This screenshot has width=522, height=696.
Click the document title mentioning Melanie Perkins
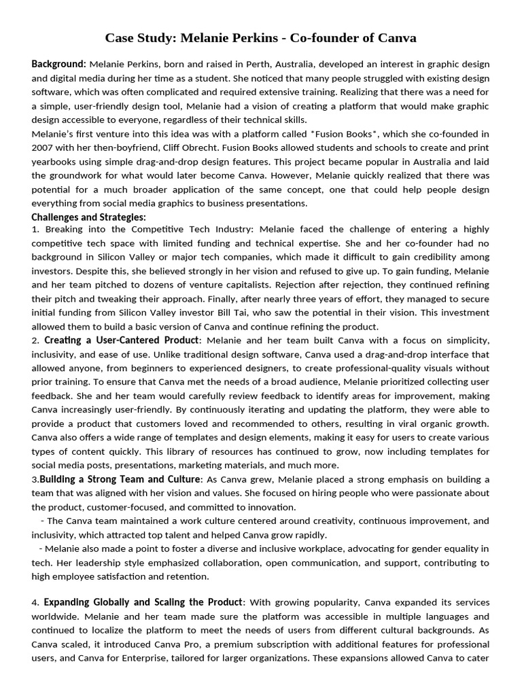pos(261,37)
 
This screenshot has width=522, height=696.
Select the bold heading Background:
pos(58,64)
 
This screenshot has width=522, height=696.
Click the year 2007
pos(45,147)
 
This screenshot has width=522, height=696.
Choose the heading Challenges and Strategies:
pos(88,217)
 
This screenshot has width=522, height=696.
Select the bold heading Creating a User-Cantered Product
pos(122,340)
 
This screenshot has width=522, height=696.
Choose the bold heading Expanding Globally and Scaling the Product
pos(143,602)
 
